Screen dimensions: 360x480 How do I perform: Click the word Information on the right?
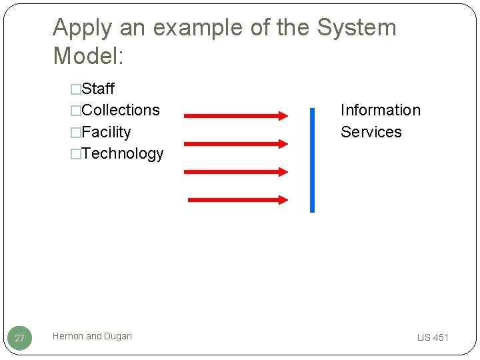pyautogui.click(x=380, y=110)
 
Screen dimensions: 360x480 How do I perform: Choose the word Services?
pyautogui.click(x=371, y=132)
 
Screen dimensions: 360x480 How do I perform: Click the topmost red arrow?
pyautogui.click(x=235, y=116)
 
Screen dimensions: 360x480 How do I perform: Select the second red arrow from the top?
pyautogui.click(x=235, y=143)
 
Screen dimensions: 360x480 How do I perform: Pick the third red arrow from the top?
pyautogui.click(x=235, y=171)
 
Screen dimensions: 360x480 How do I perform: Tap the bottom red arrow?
pyautogui.click(x=238, y=199)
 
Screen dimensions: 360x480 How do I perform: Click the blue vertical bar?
pyautogui.click(x=312, y=160)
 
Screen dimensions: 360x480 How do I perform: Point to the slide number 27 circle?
pyautogui.click(x=19, y=338)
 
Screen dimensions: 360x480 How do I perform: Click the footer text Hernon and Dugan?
pyautogui.click(x=92, y=336)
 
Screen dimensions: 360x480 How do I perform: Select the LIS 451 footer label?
pyautogui.click(x=433, y=337)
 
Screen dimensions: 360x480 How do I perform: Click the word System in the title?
pyautogui.click(x=356, y=27)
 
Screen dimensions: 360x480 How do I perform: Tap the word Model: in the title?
pyautogui.click(x=88, y=56)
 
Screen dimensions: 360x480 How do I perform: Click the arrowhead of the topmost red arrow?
pyautogui.click(x=283, y=116)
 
